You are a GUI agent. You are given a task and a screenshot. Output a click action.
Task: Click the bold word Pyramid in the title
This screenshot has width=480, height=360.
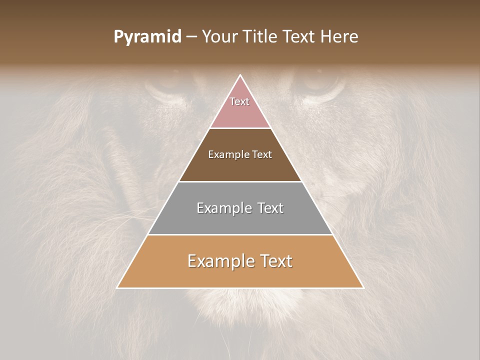[147, 37]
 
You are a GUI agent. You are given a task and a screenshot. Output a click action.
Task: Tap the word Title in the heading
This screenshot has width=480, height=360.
[263, 37]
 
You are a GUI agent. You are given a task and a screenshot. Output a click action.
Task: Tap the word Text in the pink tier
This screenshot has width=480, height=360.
[239, 101]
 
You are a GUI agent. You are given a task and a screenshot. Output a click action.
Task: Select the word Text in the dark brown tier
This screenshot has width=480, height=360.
[262, 154]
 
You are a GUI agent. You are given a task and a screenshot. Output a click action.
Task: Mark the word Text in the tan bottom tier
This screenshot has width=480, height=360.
[275, 261]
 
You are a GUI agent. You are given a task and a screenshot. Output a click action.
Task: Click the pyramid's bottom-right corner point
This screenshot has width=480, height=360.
[363, 288]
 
